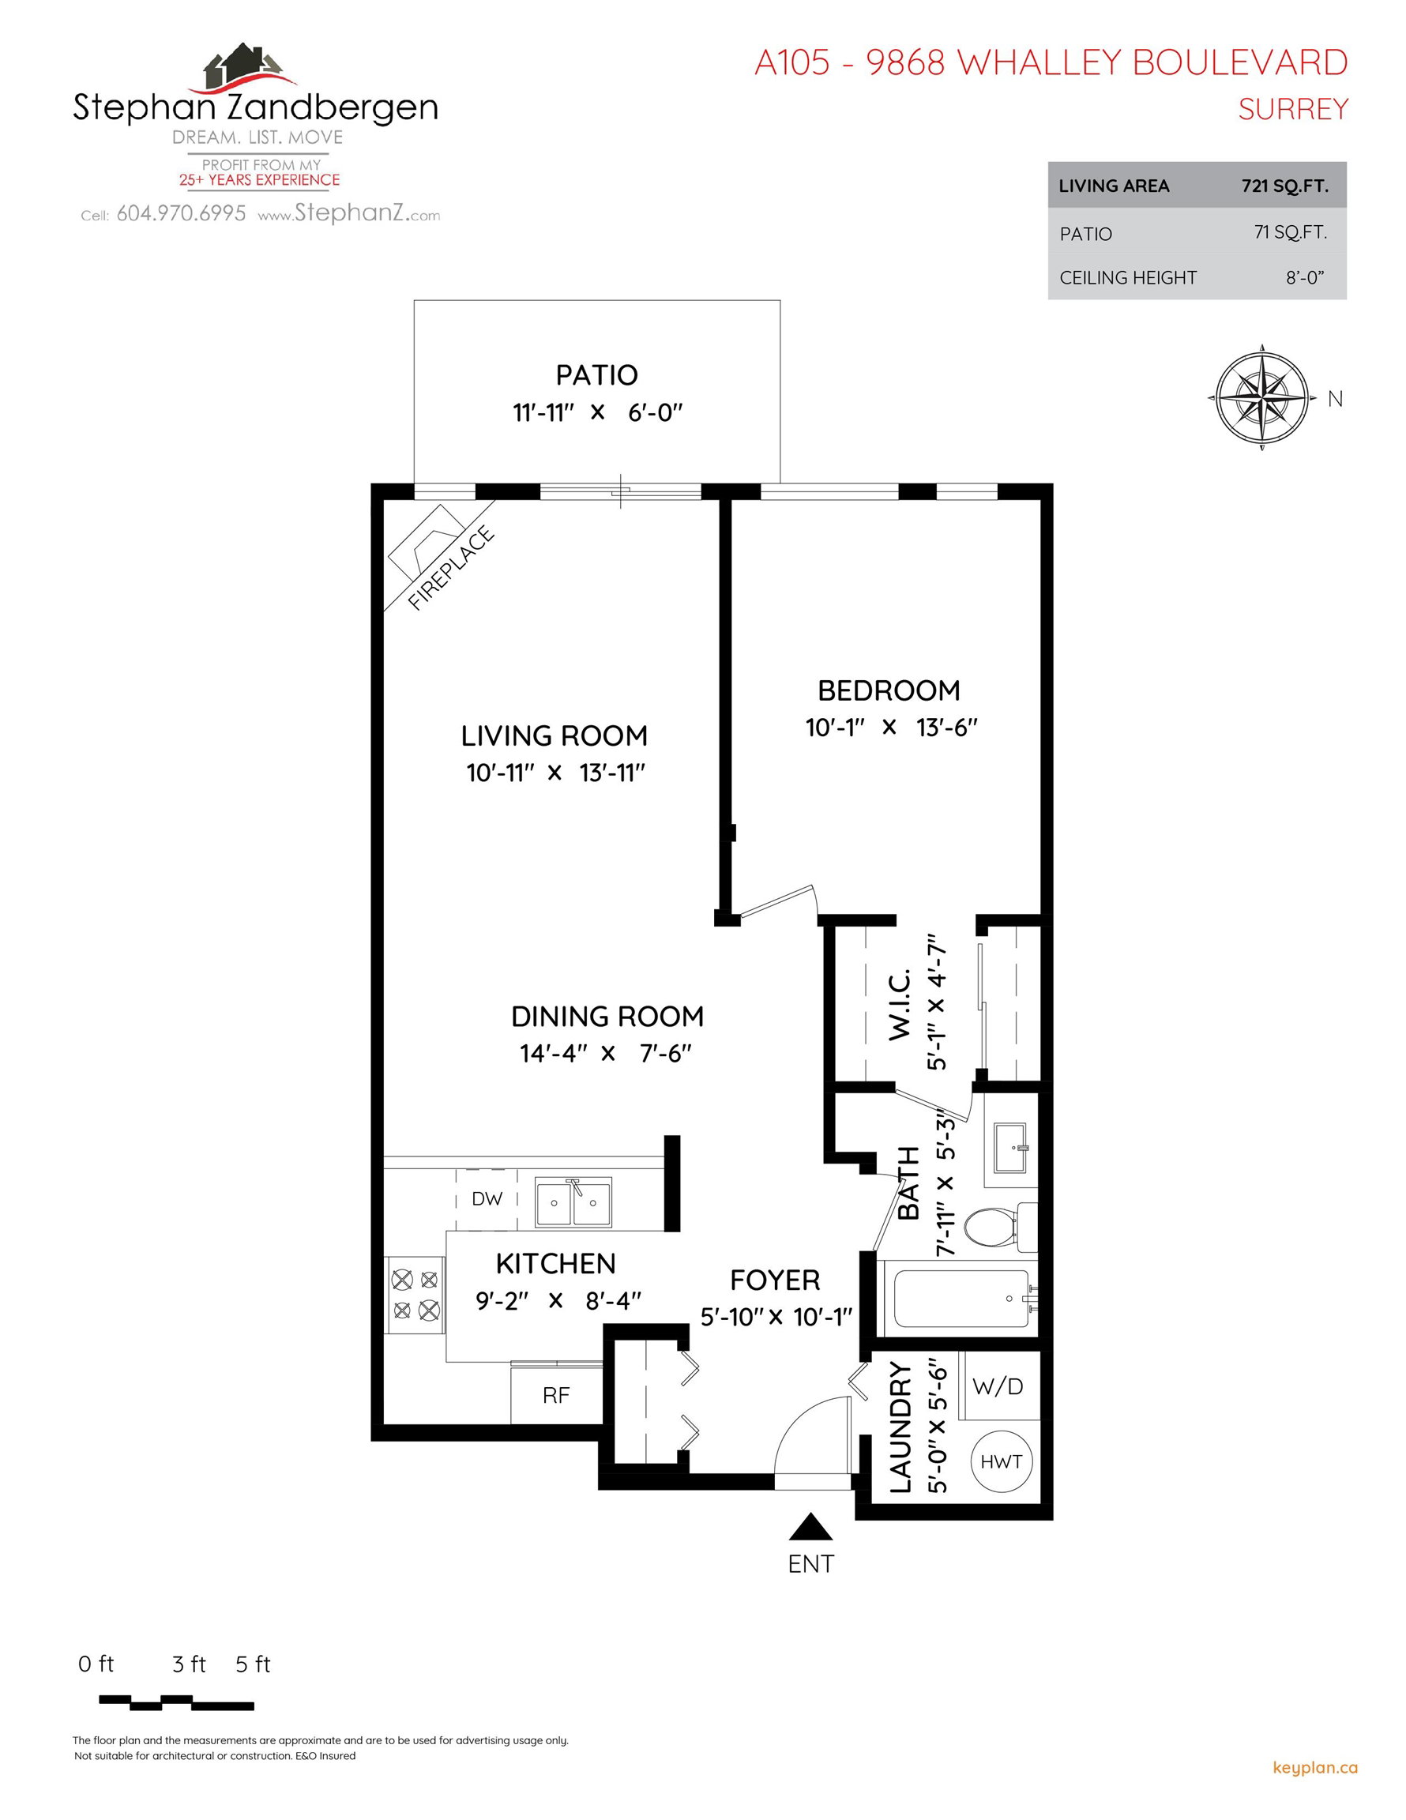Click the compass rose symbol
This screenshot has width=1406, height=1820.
click(x=1261, y=397)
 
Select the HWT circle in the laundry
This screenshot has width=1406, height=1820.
click(x=1001, y=1461)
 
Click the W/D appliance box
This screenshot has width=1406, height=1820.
click(x=998, y=1386)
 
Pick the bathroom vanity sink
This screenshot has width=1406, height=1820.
click(x=1010, y=1142)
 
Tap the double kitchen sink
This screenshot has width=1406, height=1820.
click(x=573, y=1202)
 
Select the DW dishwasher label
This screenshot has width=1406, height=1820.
click(x=487, y=1199)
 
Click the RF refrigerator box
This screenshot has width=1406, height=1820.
click(x=556, y=1394)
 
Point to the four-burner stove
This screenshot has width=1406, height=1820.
click(x=415, y=1294)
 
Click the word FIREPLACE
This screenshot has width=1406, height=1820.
click(x=451, y=568)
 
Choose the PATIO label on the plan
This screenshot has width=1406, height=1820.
click(x=596, y=375)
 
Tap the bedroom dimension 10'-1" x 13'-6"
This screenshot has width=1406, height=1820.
click(x=891, y=728)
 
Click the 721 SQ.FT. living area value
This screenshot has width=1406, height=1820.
click(x=1285, y=186)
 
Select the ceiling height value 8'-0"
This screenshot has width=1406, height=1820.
click(x=1305, y=277)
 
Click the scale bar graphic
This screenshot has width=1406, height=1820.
click(x=176, y=1702)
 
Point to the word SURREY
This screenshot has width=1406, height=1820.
click(x=1293, y=109)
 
